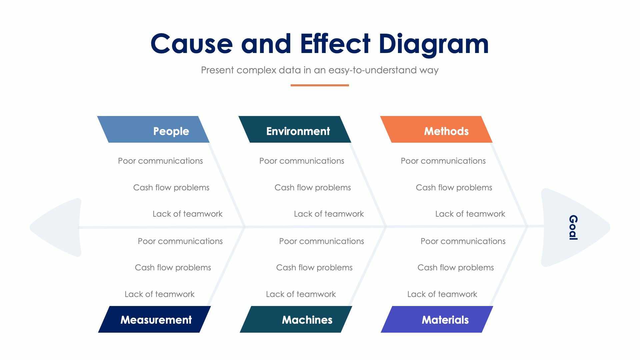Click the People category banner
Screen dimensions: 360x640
click(x=153, y=130)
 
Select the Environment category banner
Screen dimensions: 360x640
click(x=295, y=130)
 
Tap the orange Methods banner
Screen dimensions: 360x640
click(x=437, y=130)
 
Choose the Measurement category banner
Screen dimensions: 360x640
click(x=155, y=319)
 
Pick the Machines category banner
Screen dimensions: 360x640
click(x=296, y=319)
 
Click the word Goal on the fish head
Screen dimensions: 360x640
click(x=573, y=227)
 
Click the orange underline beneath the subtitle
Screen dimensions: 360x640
click(x=319, y=85)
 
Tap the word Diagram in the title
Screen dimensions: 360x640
click(x=433, y=44)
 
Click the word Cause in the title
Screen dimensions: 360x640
click(x=191, y=44)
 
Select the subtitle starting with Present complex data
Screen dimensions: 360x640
click(x=319, y=70)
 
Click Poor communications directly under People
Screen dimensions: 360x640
click(x=160, y=161)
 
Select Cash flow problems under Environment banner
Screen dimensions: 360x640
click(x=312, y=187)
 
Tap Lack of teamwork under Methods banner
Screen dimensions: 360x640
click(x=470, y=214)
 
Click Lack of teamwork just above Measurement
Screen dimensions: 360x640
click(x=159, y=294)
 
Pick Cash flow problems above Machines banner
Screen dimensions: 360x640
click(x=314, y=267)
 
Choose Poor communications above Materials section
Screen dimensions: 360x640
click(x=463, y=241)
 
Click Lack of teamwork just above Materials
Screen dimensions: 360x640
click(x=442, y=294)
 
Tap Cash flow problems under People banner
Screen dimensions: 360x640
click(x=171, y=187)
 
